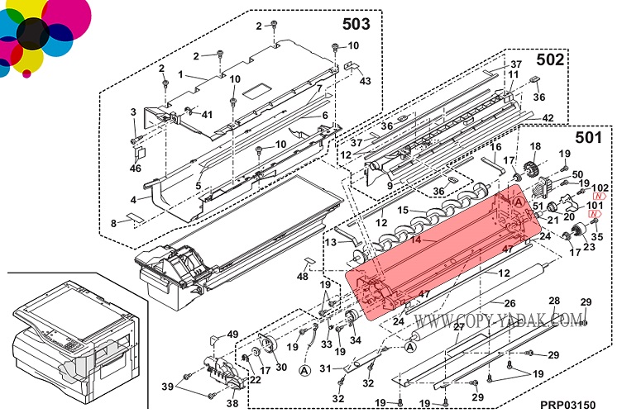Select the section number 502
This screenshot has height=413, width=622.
[550, 59]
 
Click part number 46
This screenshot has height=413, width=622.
[136, 169]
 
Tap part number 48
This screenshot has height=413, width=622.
[304, 276]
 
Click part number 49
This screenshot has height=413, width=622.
[233, 334]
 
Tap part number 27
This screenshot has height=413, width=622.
[459, 327]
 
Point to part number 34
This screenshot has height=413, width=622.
[356, 339]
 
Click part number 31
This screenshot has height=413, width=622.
[326, 368]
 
